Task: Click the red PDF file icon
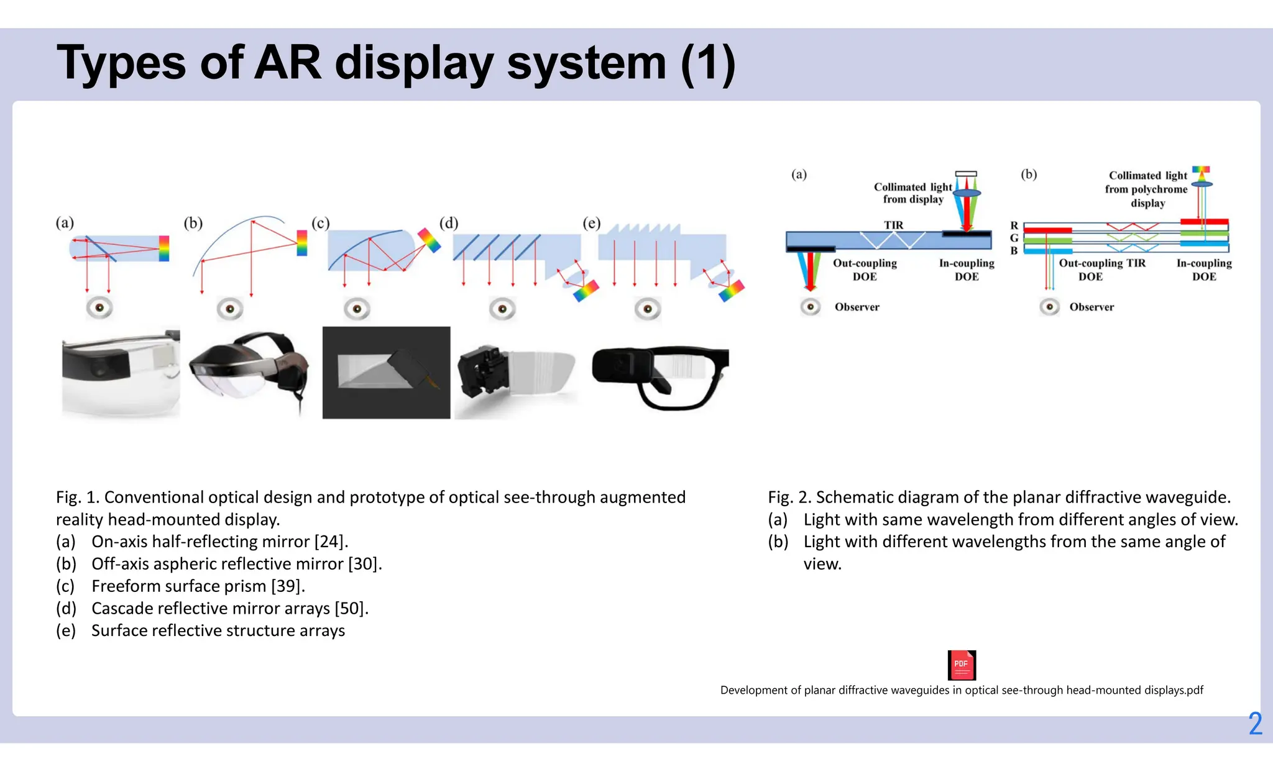(962, 665)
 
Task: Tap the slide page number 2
(1255, 724)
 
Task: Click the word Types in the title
(121, 63)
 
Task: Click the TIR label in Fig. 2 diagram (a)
(893, 225)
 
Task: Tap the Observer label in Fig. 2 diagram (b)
(1091, 307)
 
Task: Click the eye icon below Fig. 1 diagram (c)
(357, 308)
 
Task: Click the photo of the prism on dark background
(386, 373)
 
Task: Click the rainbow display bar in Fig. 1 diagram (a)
(164, 248)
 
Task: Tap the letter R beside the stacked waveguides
(1014, 225)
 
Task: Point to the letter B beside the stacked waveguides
(1014, 250)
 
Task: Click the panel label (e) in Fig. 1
(591, 223)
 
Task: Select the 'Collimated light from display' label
(912, 193)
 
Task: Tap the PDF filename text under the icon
(962, 690)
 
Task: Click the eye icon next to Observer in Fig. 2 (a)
(811, 307)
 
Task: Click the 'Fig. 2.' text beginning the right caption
(789, 497)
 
